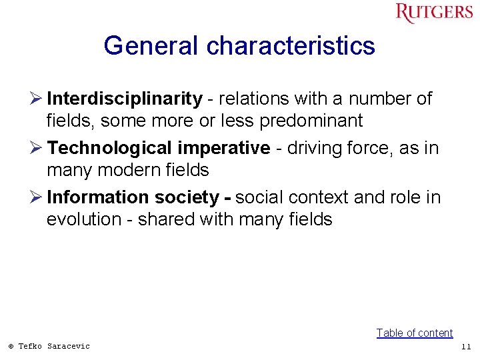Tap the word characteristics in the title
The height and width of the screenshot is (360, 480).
pyautogui.click(x=291, y=46)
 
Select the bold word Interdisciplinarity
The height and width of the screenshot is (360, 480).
pyautogui.click(x=125, y=99)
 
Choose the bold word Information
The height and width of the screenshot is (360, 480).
pyautogui.click(x=98, y=197)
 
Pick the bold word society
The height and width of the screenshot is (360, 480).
pyautogui.click(x=187, y=198)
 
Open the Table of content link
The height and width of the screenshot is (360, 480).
pyautogui.click(x=414, y=333)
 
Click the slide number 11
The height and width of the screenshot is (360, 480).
pyautogui.click(x=465, y=347)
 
